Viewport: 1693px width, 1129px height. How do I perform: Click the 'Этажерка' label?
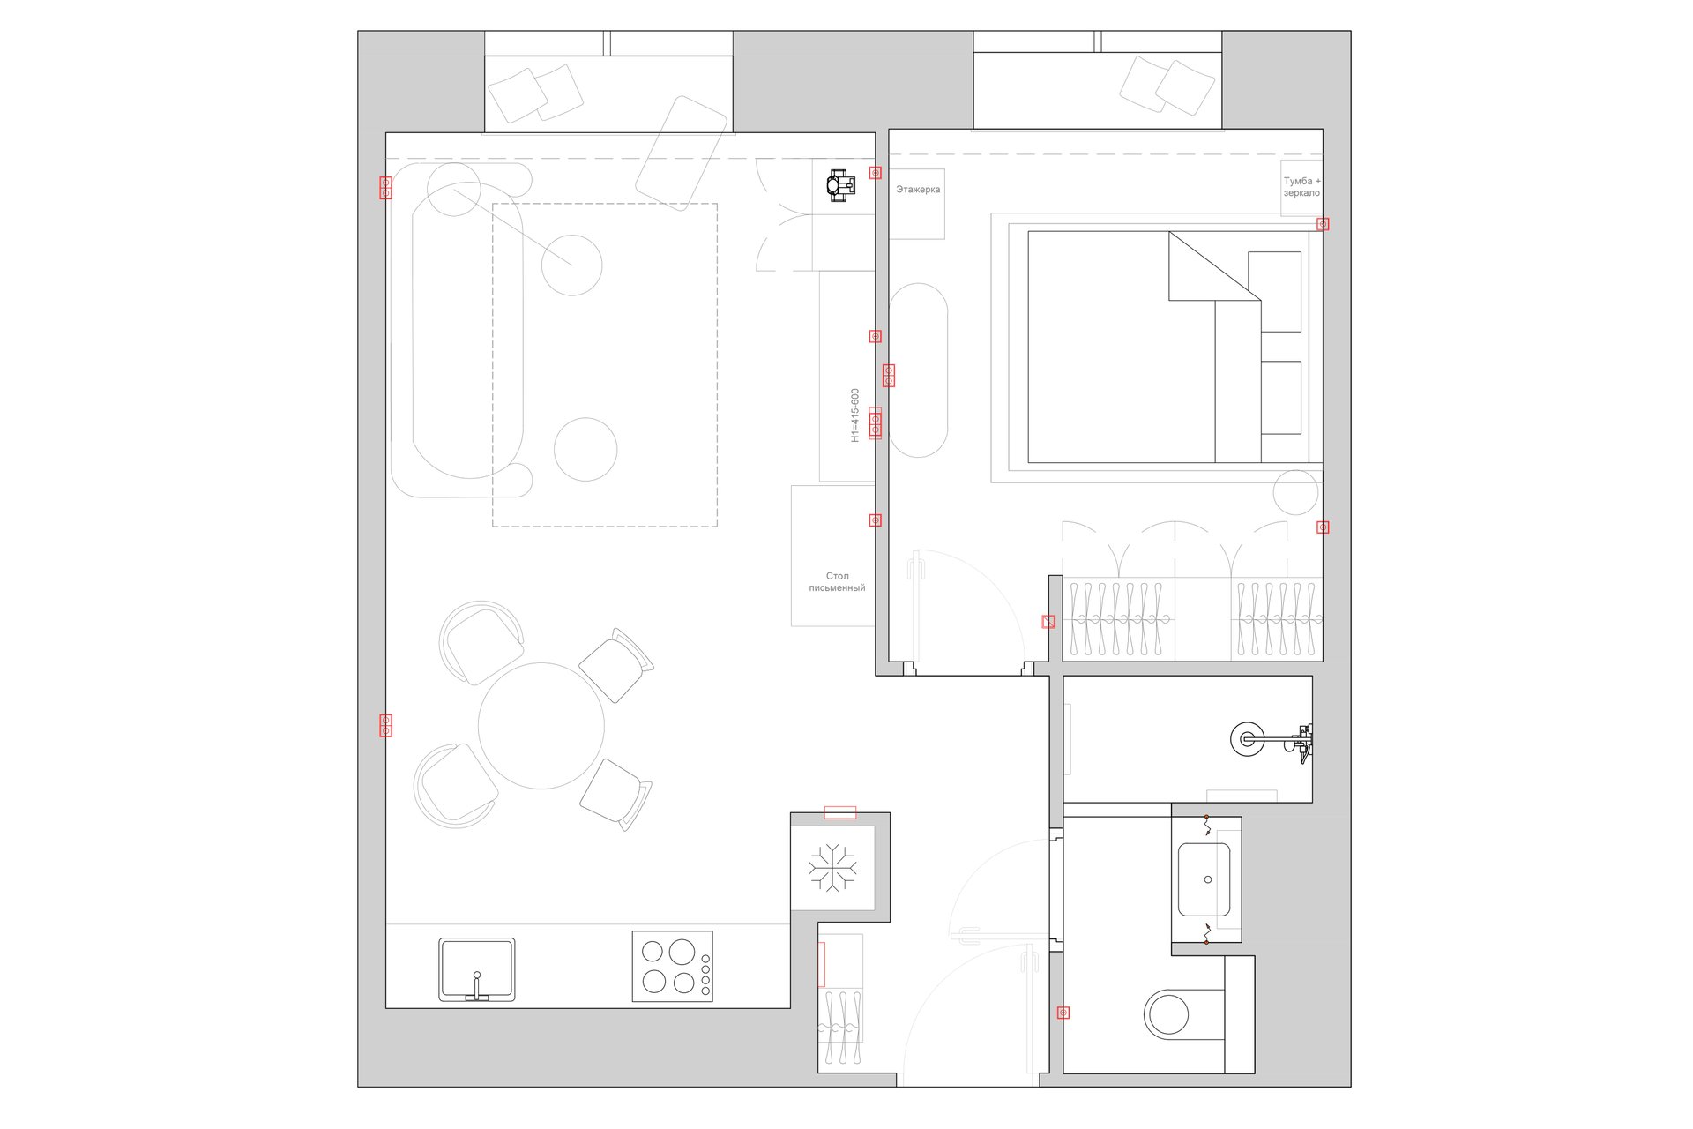(x=918, y=190)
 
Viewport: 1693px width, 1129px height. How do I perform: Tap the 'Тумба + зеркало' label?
(x=1301, y=187)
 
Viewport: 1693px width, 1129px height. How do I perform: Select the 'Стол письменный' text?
(x=837, y=582)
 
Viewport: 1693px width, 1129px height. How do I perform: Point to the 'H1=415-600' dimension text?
(x=854, y=415)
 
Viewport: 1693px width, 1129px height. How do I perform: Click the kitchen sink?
(x=477, y=969)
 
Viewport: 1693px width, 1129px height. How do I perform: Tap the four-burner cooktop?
(x=673, y=967)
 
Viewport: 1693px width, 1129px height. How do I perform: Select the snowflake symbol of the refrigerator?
(x=832, y=867)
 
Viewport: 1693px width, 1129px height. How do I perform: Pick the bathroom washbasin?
(x=1204, y=879)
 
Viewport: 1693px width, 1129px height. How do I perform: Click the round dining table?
(x=541, y=726)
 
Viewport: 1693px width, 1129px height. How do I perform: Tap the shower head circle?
(x=1248, y=738)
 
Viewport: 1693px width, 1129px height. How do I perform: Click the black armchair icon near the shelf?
(x=841, y=185)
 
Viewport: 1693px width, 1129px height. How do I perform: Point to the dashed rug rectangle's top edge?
(x=605, y=204)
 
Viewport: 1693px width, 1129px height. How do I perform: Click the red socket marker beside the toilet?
(x=1063, y=1013)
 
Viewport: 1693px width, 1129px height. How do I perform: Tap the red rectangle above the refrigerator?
(x=839, y=812)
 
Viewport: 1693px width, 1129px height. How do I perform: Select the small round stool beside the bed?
(x=1295, y=492)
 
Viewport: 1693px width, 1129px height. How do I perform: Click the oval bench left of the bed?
(x=918, y=370)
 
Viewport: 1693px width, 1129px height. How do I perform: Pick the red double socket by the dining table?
(x=385, y=725)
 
